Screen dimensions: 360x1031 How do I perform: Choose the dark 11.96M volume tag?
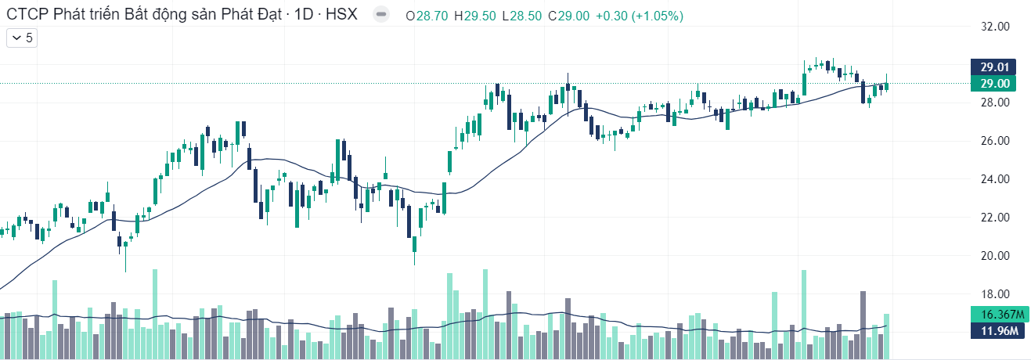(x=997, y=331)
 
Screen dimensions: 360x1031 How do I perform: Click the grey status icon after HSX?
(x=380, y=15)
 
